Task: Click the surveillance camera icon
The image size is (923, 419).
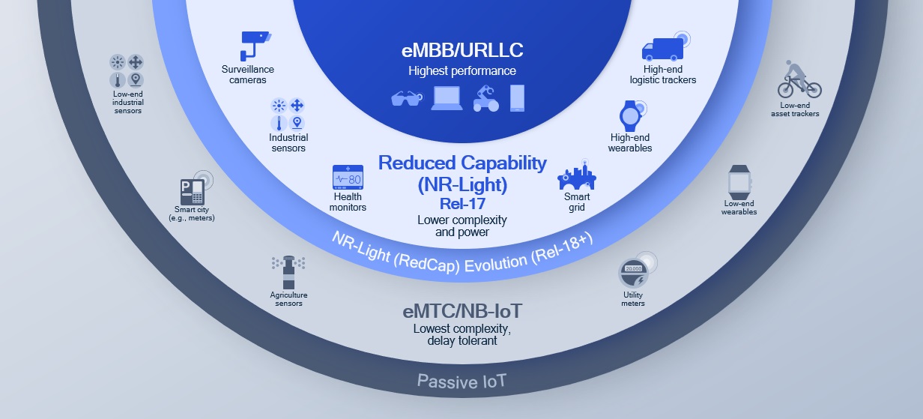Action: pos(255,46)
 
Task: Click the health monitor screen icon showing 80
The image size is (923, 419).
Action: pos(348,178)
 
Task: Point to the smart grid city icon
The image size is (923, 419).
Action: pos(576,175)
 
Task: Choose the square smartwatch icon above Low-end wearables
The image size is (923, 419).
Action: pos(739,182)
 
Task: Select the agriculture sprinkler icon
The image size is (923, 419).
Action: pos(288,272)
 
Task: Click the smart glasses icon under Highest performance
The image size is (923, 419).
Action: pos(407,99)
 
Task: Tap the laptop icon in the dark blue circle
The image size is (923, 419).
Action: pos(447,98)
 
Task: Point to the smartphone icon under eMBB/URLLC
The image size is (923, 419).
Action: pos(517,98)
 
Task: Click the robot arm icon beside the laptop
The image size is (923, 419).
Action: pos(485,98)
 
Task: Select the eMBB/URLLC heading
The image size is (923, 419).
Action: pos(462,50)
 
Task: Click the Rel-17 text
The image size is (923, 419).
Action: pos(462,204)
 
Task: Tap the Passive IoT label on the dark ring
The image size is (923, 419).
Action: pos(461,382)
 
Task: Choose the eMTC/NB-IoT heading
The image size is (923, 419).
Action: pos(462,311)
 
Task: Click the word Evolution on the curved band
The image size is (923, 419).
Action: pos(496,263)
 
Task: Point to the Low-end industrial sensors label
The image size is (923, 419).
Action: pos(127,102)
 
